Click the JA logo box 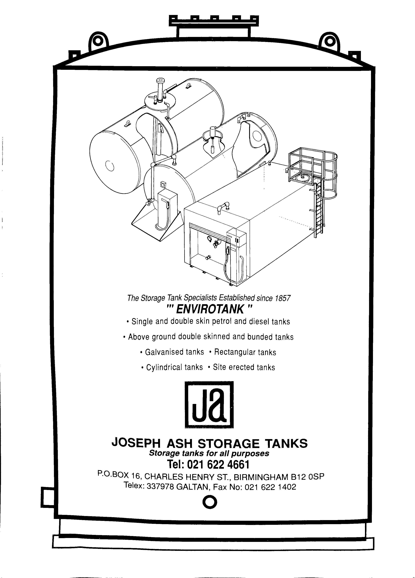pyautogui.click(x=209, y=404)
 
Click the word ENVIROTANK pyautogui.click(x=210, y=310)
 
